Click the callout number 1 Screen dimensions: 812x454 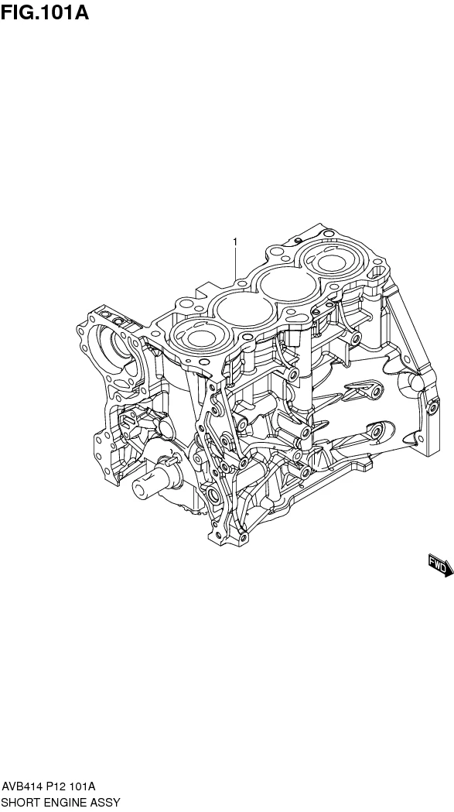pos(234,242)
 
